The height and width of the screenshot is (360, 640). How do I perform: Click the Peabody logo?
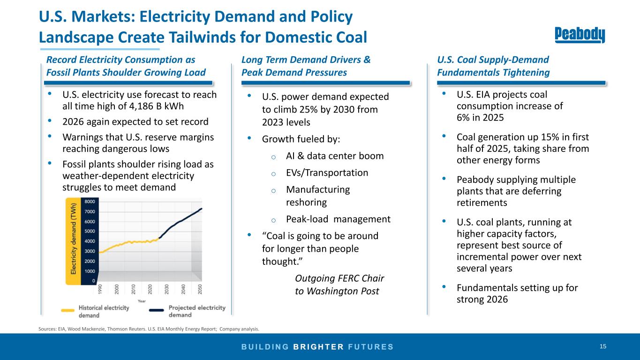tap(580, 35)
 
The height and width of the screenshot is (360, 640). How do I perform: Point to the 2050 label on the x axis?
tap(200, 289)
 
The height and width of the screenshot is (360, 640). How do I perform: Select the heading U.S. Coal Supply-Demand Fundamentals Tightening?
tap(493, 66)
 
